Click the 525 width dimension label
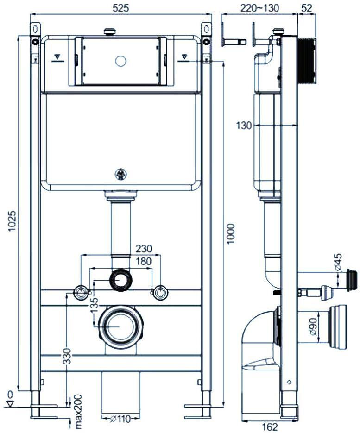pos(121,8)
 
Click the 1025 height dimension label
pos(12,221)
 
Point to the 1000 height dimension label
pos(230,233)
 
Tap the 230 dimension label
pos(144,249)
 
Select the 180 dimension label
pos(144,261)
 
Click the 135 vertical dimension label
pos(94,305)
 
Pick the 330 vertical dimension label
pos(67,357)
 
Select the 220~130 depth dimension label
pos(259,8)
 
